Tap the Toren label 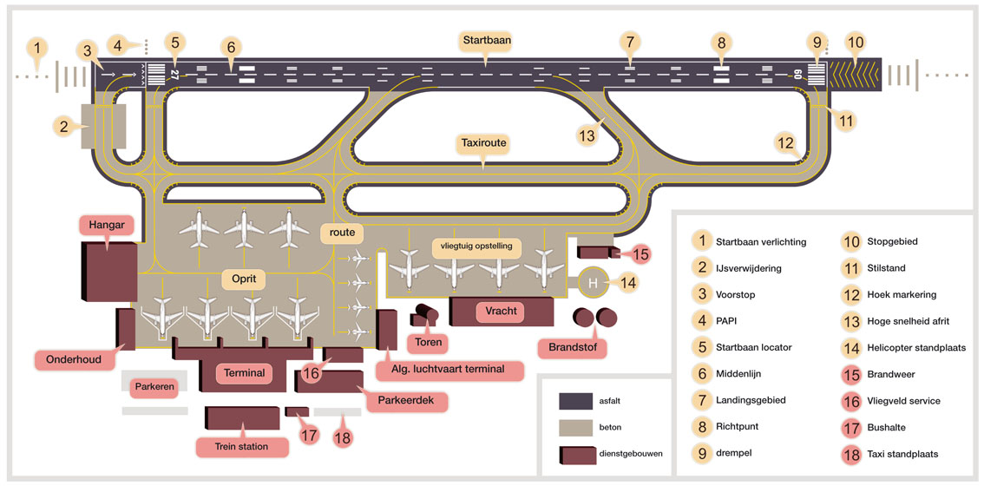coord(429,342)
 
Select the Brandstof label coord(572,346)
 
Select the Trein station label coord(242,446)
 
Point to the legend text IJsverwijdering coord(749,268)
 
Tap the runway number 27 coord(175,75)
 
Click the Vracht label coord(500,311)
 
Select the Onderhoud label coord(74,360)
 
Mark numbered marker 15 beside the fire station coord(640,254)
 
